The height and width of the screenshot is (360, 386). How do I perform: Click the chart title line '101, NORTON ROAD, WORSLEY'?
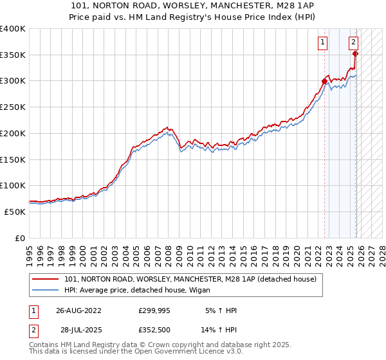tap(193, 6)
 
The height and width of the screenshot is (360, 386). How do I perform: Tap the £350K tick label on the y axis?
tap(13, 55)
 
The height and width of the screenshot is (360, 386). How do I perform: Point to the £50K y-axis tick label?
tap(15, 212)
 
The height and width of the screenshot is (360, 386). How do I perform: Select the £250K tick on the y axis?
tap(13, 107)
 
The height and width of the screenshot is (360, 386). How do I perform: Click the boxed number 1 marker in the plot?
tap(322, 43)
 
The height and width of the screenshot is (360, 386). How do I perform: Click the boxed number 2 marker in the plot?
tap(354, 43)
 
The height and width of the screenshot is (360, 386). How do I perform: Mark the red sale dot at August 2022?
tap(324, 81)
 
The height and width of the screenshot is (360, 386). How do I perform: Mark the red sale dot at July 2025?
tap(355, 54)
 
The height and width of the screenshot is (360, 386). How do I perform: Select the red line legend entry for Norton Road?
tap(190, 279)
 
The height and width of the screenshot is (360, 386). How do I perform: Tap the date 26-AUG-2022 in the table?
tap(78, 310)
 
